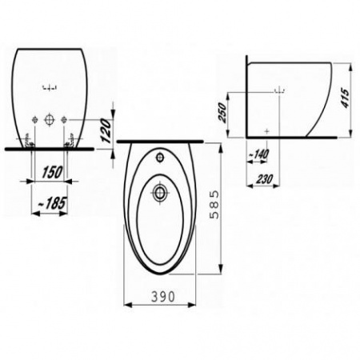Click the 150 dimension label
(52, 172)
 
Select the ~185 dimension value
(52, 203)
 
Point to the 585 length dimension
(214, 204)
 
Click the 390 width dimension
(163, 297)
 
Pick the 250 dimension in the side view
(222, 112)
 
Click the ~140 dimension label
(258, 154)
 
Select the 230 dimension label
(265, 179)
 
